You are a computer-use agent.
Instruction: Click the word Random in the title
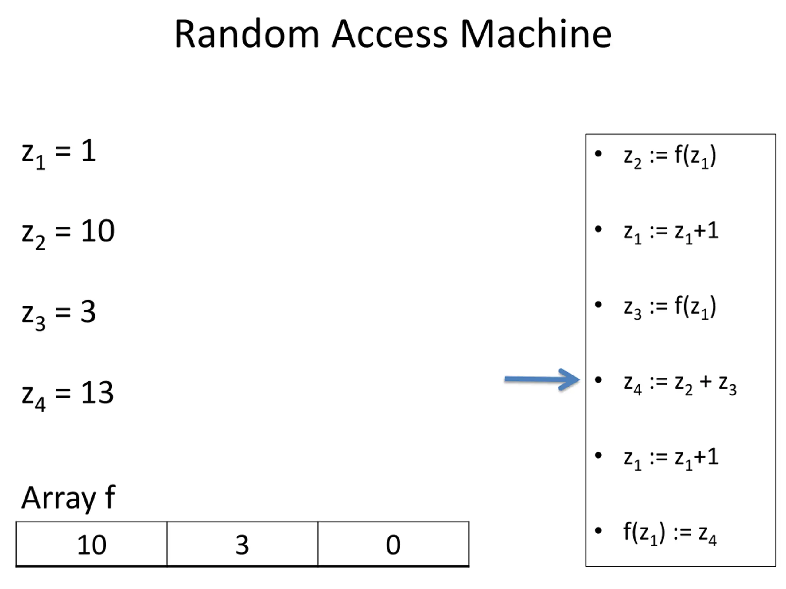pos(247,34)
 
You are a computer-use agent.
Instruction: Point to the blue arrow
pos(542,379)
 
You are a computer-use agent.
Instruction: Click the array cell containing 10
pos(91,544)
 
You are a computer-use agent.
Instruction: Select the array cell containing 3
pos(242,544)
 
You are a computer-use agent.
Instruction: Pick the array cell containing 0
pos(393,544)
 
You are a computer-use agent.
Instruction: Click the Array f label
pos(68,498)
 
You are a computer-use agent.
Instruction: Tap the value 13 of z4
pos(97,392)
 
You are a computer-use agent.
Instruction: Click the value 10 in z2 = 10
pos(98,231)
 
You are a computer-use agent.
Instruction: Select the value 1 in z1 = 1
pos(89,150)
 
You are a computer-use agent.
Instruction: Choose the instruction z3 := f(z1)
pos(670,307)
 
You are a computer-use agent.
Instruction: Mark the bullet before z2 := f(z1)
pos(598,154)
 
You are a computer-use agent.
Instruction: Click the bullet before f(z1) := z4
pos(598,531)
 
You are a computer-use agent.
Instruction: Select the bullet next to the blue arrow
pos(598,380)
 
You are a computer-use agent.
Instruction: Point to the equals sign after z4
pos(63,393)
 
